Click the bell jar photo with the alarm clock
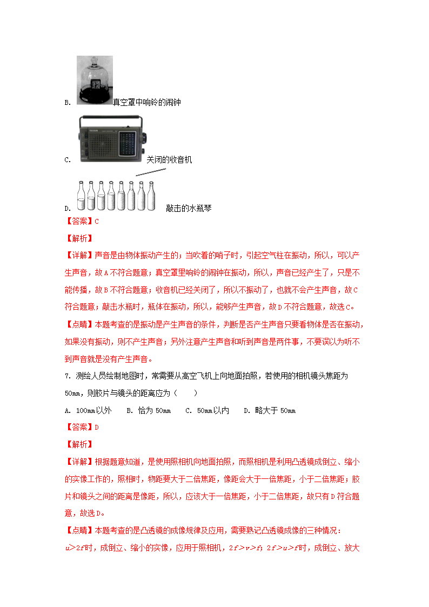tap(95, 80)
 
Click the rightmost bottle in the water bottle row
tap(151, 196)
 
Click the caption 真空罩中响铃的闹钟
tap(146, 102)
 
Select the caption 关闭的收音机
tap(169, 159)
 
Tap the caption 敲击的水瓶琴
tap(189, 208)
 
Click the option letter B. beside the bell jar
tap(68, 103)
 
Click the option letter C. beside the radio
tap(68, 160)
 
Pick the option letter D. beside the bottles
tap(68, 209)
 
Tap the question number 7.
tap(66, 376)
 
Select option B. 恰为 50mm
tap(149, 411)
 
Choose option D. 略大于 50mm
tap(269, 411)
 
